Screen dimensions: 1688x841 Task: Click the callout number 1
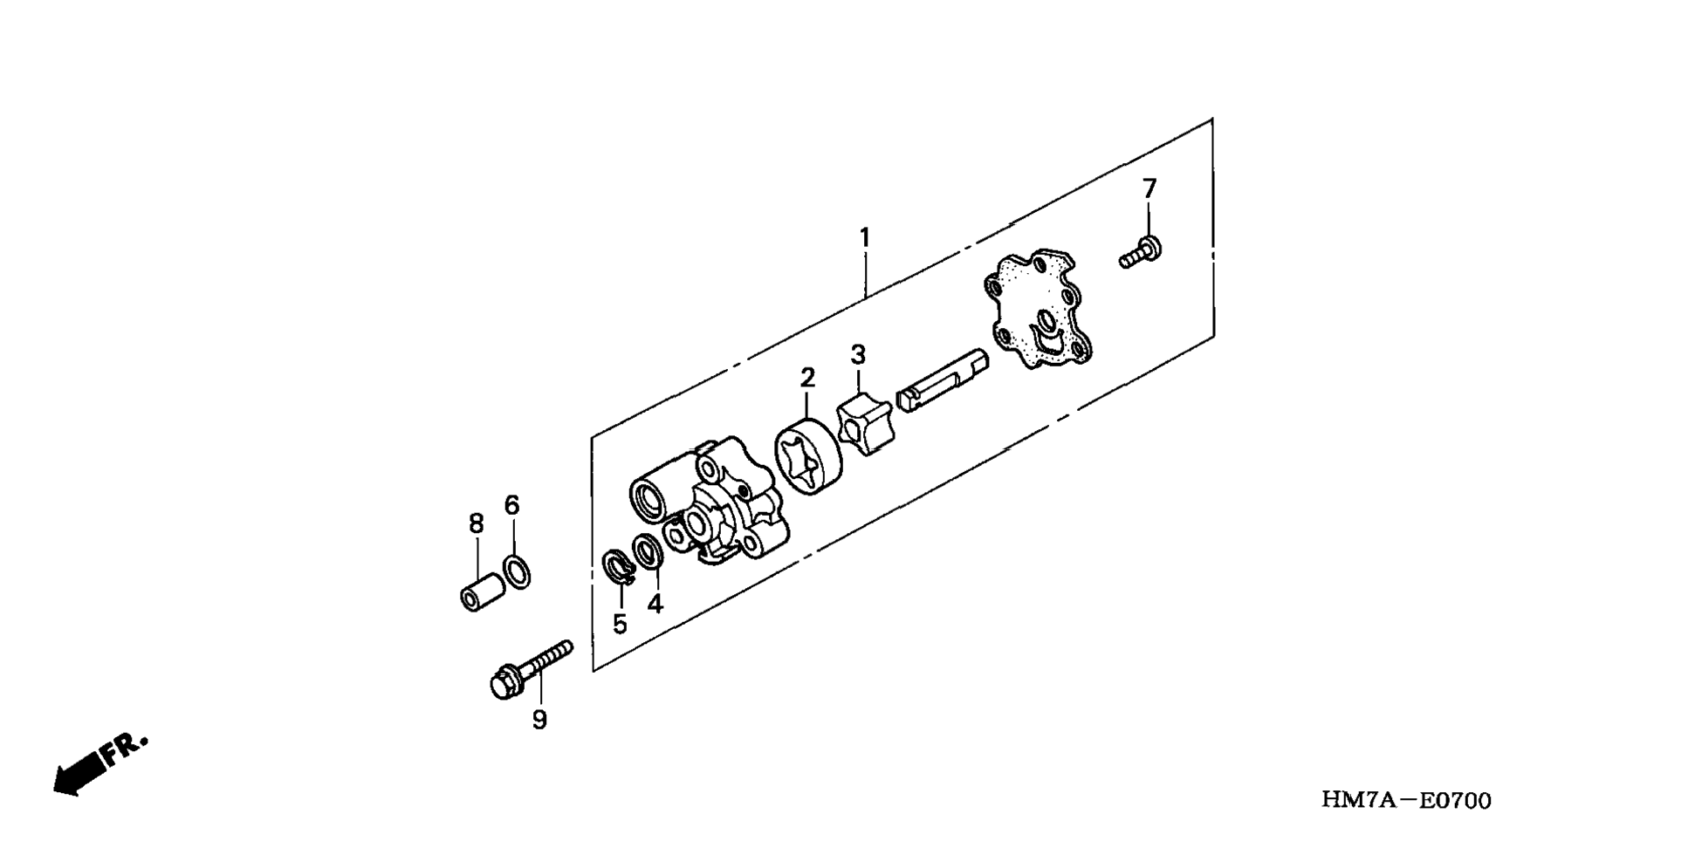(x=864, y=237)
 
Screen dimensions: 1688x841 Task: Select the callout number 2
(x=807, y=378)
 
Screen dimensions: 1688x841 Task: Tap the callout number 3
(x=858, y=355)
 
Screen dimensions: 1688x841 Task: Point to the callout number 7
(x=1149, y=188)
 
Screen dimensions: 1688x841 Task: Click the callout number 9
(x=539, y=720)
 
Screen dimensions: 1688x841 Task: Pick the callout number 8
(x=476, y=523)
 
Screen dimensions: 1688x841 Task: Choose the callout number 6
(x=511, y=505)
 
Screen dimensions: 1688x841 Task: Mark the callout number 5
(x=620, y=624)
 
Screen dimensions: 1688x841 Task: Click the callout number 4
(x=655, y=603)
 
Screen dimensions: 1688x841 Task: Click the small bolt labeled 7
(x=1140, y=253)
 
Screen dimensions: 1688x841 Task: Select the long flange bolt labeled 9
(x=529, y=669)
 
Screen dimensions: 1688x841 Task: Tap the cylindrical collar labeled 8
(x=482, y=591)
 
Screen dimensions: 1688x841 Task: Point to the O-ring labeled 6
(x=517, y=571)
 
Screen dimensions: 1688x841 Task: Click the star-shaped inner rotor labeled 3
(x=863, y=424)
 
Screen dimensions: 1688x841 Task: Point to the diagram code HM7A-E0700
(x=1406, y=800)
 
